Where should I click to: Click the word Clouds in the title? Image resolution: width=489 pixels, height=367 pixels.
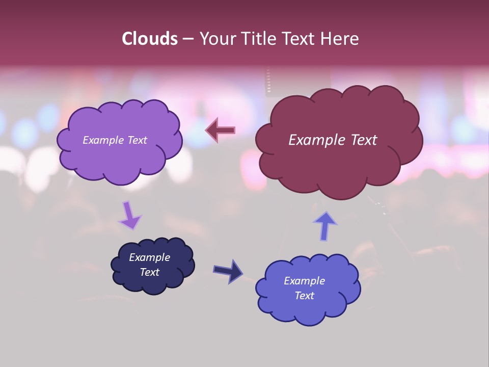tap(149, 39)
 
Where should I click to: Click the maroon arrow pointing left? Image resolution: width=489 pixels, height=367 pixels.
tap(221, 130)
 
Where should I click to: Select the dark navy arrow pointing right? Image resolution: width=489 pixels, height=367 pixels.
tap(229, 271)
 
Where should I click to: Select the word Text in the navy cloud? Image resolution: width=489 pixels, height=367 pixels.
tap(149, 272)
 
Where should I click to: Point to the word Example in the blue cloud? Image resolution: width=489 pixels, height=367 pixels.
tap(304, 281)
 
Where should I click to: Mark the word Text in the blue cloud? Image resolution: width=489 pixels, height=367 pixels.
tap(304, 296)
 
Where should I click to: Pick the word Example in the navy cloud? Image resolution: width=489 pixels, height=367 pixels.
tap(149, 257)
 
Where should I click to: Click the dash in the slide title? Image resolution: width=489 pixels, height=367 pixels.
tap(188, 39)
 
